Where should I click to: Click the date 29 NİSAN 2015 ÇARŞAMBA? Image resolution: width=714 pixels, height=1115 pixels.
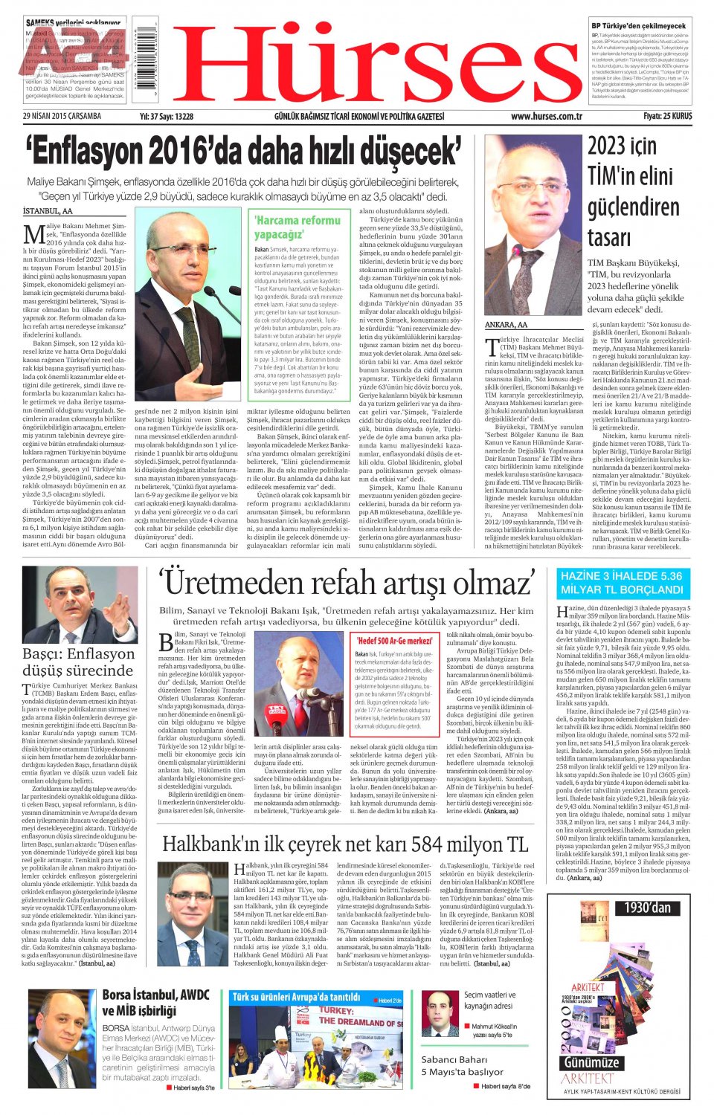62,117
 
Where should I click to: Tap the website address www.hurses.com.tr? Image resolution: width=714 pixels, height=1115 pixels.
546,117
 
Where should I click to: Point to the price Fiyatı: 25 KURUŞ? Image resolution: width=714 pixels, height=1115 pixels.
667,117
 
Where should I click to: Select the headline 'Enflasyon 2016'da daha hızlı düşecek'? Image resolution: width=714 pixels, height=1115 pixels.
243,151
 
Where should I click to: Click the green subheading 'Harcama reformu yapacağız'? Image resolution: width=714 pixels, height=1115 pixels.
297,227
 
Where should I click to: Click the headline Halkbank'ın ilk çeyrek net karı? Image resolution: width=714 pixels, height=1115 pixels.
345,844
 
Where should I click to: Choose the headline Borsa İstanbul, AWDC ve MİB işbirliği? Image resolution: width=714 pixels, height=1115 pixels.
155,1002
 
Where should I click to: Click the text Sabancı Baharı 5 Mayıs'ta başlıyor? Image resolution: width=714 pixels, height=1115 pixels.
462,1065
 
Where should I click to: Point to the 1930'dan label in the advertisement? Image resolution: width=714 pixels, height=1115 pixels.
646,908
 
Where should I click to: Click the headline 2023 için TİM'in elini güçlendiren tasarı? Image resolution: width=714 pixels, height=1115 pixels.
632,191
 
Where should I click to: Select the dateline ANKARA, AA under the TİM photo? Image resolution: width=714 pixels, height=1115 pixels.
506,325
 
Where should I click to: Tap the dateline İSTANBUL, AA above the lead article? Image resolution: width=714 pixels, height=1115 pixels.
48,211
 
